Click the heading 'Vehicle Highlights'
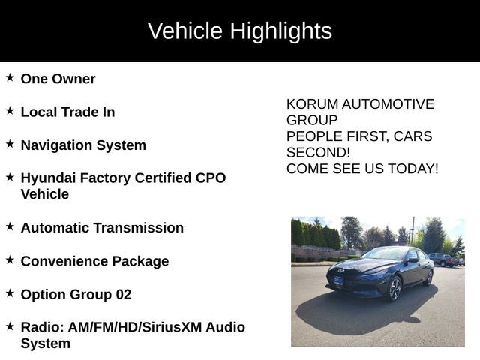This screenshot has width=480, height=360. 239,31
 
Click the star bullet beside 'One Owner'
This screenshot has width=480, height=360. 10,77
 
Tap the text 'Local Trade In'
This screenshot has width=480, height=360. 67,112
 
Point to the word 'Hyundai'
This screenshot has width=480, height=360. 48,178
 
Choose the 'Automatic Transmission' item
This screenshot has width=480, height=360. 102,228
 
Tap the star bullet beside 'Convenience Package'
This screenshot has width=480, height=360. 10,259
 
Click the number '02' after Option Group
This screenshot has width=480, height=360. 123,294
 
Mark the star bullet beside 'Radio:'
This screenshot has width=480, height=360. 10,326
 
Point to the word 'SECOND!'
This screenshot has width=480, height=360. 318,152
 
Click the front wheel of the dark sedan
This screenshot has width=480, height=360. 394,288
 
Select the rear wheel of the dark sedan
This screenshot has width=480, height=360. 429,277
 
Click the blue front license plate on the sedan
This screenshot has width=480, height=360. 337,282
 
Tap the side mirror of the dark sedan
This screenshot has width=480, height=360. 412,259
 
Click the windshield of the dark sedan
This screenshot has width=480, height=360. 384,254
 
